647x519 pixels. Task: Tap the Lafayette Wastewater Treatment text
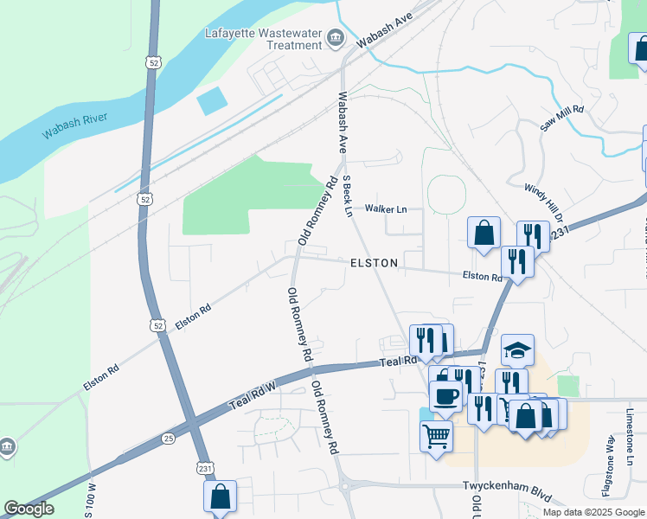[263, 40]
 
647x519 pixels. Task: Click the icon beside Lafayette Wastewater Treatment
[336, 38]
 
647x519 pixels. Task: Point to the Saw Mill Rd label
[562, 119]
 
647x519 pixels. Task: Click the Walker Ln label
[386, 209]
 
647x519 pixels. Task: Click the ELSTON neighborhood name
[375, 262]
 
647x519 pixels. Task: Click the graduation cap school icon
[517, 350]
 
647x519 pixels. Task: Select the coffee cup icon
[445, 396]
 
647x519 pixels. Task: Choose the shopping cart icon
[437, 434]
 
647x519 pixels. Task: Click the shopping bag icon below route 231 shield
[220, 497]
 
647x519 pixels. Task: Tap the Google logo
[29, 509]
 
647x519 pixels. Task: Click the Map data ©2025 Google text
[593, 512]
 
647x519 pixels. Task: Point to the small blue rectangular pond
[212, 101]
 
